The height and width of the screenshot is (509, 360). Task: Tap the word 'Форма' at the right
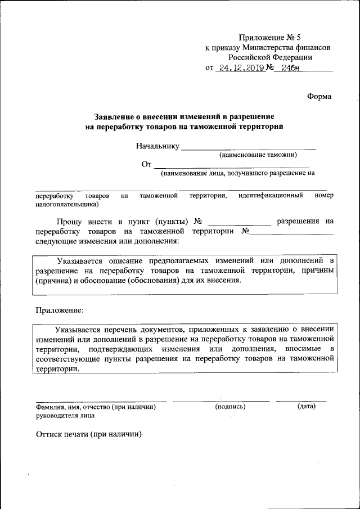coord(319,96)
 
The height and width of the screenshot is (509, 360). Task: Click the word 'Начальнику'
coord(157,146)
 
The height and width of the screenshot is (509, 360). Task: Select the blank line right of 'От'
coord(232,165)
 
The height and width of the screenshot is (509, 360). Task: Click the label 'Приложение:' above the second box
coord(60,310)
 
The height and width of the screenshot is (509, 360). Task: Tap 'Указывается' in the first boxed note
coord(84,261)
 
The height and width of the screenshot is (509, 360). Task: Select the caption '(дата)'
coord(306,406)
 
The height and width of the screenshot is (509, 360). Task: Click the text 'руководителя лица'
coord(65,416)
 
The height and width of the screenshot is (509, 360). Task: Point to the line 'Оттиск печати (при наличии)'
coord(88,434)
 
